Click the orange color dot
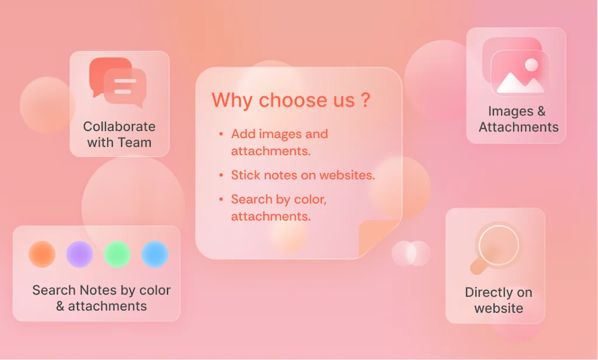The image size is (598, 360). [x=42, y=254]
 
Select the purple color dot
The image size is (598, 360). [x=79, y=254]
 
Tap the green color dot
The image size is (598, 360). [x=117, y=254]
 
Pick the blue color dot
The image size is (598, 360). [x=155, y=254]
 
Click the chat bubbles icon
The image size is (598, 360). [x=117, y=82]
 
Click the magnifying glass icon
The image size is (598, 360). [x=498, y=245]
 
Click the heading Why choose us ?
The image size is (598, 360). [x=290, y=100]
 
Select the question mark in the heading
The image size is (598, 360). [x=366, y=100]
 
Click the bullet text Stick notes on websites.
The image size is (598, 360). [x=303, y=175]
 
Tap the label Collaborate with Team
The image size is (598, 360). [x=119, y=134]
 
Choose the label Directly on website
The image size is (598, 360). [x=498, y=300]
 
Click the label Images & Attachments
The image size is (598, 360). [x=519, y=119]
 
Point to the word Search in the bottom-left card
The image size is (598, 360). [x=54, y=290]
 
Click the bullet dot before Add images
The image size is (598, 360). [x=221, y=134]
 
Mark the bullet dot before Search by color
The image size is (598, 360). [x=221, y=200]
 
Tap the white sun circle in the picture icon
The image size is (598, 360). [x=531, y=65]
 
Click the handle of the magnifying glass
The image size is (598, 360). [x=479, y=266]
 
